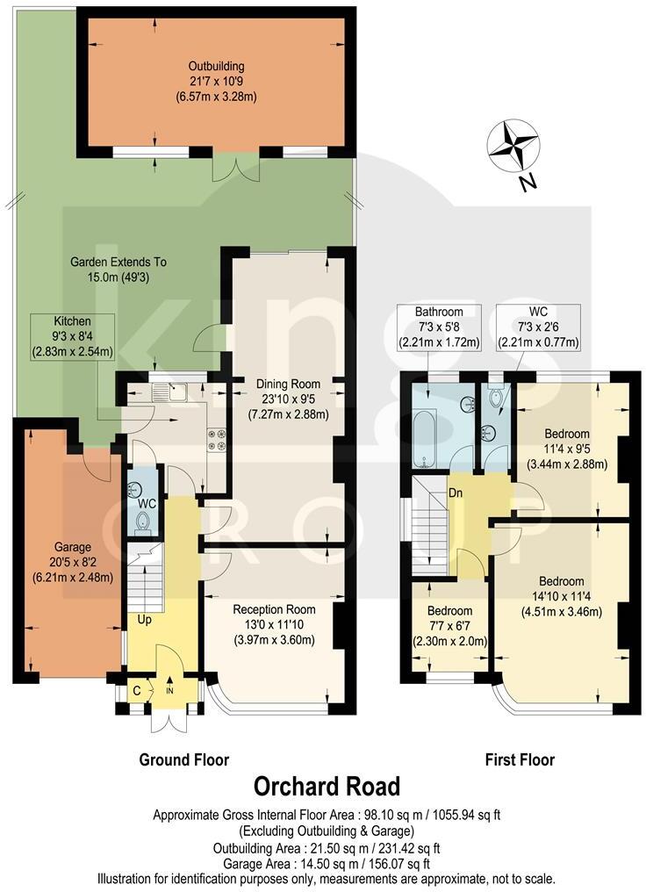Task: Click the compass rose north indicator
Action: tap(513, 150)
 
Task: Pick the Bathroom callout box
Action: tap(439, 327)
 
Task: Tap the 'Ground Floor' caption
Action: tap(184, 759)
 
